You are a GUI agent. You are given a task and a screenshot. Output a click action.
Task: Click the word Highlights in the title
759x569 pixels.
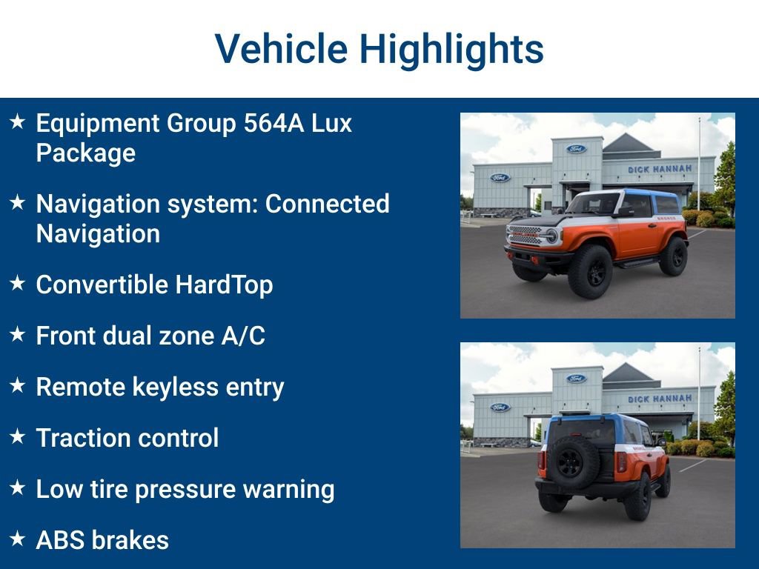coord(451,50)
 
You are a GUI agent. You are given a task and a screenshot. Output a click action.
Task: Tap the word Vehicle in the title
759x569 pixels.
coord(281,50)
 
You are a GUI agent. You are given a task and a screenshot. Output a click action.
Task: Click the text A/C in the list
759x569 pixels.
coord(242,336)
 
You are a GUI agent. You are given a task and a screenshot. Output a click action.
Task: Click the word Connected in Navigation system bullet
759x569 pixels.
coord(327,204)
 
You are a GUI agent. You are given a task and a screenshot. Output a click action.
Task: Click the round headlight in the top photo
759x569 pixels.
coord(551,236)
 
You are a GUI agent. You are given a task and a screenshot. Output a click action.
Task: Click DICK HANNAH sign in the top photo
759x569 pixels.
coord(660,169)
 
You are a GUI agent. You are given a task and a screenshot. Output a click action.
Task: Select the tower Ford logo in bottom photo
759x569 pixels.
coord(576,379)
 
